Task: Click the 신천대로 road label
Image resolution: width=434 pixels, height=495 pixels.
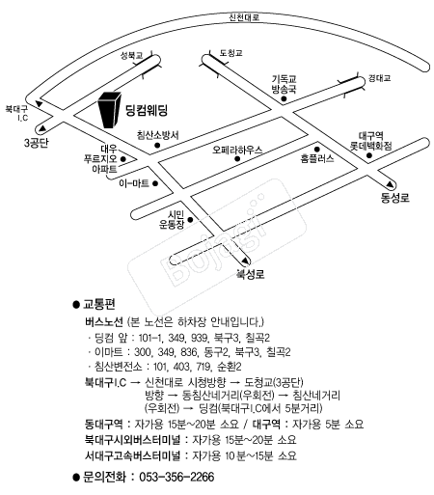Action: point(244,17)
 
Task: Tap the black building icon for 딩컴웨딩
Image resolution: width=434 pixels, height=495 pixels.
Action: point(110,110)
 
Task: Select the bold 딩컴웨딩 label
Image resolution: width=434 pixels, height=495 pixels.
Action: point(147,110)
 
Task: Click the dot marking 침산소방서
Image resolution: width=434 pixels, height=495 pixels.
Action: point(157,146)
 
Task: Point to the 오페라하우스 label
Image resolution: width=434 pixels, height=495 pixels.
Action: point(237,150)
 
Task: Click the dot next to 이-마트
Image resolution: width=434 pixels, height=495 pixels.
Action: point(155,183)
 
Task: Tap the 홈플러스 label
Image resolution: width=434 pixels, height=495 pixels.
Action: point(317,158)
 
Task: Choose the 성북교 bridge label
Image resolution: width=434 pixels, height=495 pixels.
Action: point(131,56)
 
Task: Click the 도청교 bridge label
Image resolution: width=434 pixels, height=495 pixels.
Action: point(231,53)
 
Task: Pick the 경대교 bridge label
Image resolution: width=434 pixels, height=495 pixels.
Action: point(379,78)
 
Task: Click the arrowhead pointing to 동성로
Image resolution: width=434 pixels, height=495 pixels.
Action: point(390,184)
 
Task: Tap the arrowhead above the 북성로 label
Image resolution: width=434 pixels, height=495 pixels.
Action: point(245,261)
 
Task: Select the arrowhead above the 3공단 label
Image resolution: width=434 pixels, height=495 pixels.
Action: point(42,129)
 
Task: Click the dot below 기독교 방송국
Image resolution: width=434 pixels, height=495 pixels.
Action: point(284,98)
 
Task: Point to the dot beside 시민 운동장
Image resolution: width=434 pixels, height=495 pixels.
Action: point(190,220)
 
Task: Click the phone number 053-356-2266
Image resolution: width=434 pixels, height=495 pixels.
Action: point(176,477)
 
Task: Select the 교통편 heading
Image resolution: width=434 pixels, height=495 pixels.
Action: point(99,304)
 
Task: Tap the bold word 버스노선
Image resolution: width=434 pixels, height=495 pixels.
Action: point(104,321)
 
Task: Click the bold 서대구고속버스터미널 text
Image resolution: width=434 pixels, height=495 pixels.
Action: point(132,455)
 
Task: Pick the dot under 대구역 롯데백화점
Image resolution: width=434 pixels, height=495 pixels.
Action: point(369,155)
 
